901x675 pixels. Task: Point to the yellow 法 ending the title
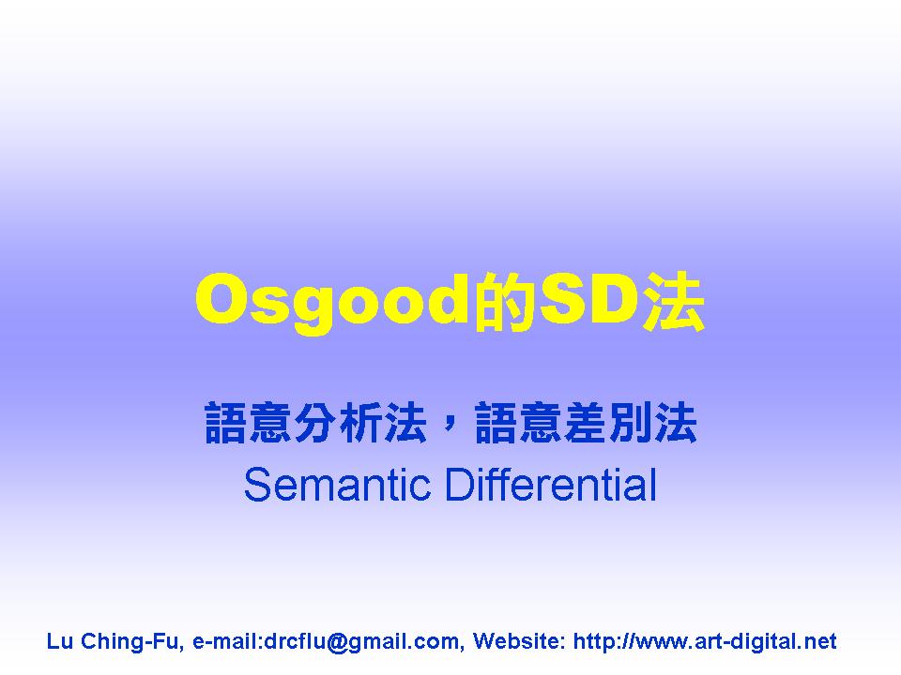[673, 302]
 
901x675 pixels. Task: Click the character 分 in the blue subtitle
[316, 423]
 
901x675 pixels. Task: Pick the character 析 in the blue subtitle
[360, 423]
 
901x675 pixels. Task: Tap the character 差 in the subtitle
[586, 423]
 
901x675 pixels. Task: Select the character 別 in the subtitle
[631, 423]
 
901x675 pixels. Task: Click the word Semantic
[337, 485]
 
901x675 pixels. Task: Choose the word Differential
[551, 485]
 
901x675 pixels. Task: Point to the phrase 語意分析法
[315, 423]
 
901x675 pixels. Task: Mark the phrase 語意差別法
[586, 423]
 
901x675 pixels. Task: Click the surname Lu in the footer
[59, 641]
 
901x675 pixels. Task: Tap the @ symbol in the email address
[337, 641]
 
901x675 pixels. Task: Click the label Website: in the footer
[519, 641]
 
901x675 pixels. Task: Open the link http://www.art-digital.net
[705, 641]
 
